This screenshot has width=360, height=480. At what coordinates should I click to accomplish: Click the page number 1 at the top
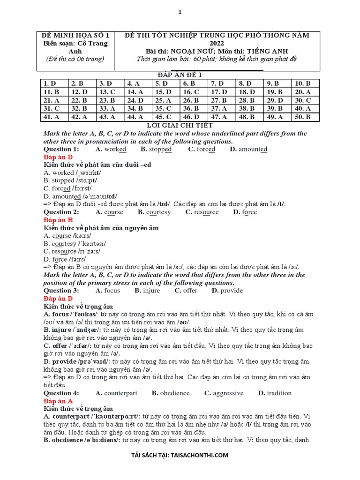(180, 13)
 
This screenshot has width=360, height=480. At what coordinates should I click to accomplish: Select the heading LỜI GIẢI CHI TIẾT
(180, 125)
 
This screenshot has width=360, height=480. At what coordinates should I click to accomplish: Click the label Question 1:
(61, 149)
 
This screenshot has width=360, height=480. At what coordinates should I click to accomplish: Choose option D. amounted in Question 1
(248, 149)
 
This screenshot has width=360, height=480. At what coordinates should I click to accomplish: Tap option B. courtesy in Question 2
(154, 212)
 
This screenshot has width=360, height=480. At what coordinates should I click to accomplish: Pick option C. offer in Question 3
(186, 290)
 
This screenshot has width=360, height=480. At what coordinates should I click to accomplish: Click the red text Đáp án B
(58, 220)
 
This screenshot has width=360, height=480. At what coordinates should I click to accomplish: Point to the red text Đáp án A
(58, 401)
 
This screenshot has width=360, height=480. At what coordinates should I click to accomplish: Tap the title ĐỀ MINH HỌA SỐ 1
(75, 35)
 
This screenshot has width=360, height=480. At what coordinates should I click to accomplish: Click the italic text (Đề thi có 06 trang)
(75, 59)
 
